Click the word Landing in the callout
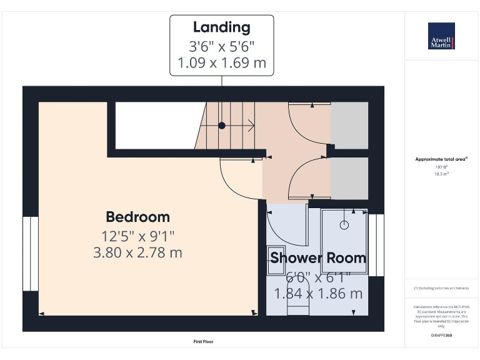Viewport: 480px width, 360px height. point(221,27)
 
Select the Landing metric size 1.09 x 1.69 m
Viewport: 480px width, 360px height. point(221,62)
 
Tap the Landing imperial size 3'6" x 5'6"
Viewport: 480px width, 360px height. point(221,46)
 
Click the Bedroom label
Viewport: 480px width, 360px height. point(137,217)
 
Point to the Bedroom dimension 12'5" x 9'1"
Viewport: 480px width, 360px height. point(137,236)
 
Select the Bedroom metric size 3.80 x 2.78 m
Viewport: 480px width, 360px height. point(137,252)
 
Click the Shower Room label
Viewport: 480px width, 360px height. point(317,257)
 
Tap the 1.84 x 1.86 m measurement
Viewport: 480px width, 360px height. point(317,293)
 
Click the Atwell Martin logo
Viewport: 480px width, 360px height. point(441,36)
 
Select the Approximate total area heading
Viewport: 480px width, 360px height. point(441,159)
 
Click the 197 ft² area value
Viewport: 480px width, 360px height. point(441,167)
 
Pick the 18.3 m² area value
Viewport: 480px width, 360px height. point(441,174)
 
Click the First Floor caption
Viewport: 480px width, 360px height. point(204,342)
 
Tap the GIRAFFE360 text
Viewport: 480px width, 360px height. point(441,336)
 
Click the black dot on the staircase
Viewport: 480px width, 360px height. point(222,126)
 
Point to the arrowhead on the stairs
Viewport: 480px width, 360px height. point(252,126)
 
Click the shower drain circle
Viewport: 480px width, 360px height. point(343,224)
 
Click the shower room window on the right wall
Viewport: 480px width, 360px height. point(376,244)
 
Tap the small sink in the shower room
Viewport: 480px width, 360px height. point(277,261)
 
